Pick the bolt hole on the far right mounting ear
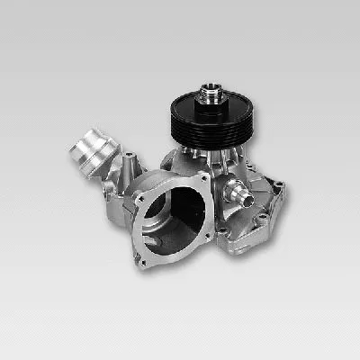(x=280, y=187)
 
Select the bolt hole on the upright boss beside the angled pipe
(x=132, y=159)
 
